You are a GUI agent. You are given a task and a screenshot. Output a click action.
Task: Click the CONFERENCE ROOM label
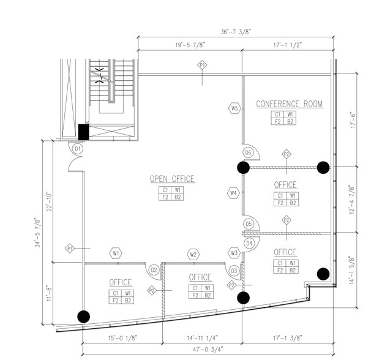click(289, 104)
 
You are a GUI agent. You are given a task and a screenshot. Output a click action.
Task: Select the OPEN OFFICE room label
click(172, 179)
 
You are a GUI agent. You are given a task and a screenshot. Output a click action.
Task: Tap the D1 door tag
click(77, 149)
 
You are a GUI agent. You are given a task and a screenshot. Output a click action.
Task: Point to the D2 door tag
click(154, 270)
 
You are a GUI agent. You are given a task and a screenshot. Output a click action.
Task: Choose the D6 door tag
click(248, 152)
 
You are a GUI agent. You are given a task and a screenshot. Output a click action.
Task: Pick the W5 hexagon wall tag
click(234, 108)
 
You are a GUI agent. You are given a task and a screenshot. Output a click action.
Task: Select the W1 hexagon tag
click(116, 253)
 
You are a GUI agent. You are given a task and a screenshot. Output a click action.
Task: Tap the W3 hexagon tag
click(234, 253)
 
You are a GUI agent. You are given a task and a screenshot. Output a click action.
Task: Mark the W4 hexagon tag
click(233, 193)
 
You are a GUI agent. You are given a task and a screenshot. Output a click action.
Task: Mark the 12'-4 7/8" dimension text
click(350, 200)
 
